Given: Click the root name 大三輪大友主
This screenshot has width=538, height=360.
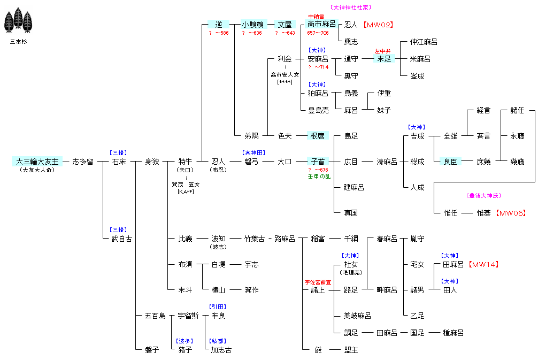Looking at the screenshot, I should point(37,162).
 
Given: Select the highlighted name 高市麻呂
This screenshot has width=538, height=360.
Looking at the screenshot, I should point(321,24).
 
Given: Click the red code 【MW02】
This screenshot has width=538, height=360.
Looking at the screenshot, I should point(378,25).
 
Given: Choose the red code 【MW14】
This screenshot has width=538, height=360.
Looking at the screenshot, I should point(483,264).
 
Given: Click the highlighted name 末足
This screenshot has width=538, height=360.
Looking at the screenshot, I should point(384,59).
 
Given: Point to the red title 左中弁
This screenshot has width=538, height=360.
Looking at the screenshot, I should point(383,51).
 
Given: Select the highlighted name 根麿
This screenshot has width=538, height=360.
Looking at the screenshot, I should point(318,136).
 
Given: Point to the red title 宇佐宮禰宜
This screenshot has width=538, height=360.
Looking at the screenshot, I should point(318,282).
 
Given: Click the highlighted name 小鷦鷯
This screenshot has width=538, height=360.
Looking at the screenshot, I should point(251,25).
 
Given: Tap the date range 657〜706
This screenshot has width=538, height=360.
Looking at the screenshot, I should point(318,33).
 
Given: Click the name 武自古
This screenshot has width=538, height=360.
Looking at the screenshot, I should point(121,239).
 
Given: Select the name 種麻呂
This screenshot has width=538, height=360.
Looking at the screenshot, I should point(453,333).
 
